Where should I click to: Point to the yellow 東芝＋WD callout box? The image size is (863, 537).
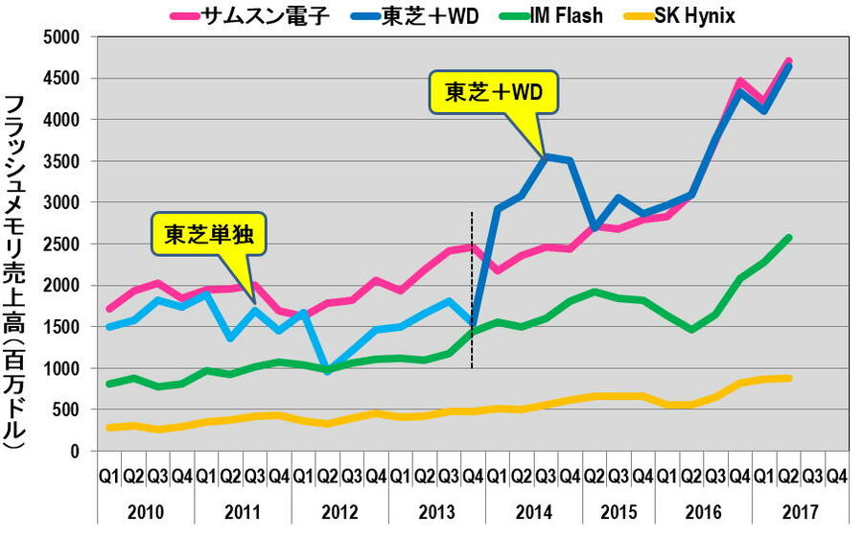click(x=493, y=92)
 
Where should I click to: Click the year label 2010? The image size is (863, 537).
click(x=146, y=510)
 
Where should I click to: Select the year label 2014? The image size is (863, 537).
click(x=534, y=510)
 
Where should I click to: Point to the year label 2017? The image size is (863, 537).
click(x=801, y=510)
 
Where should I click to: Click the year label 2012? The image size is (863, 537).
click(x=339, y=510)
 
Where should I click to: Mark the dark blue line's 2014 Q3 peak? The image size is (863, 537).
click(x=547, y=156)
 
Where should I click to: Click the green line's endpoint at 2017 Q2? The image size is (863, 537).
click(x=788, y=238)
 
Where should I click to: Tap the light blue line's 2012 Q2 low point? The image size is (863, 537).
click(x=328, y=370)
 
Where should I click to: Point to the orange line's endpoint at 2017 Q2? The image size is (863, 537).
click(x=788, y=378)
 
